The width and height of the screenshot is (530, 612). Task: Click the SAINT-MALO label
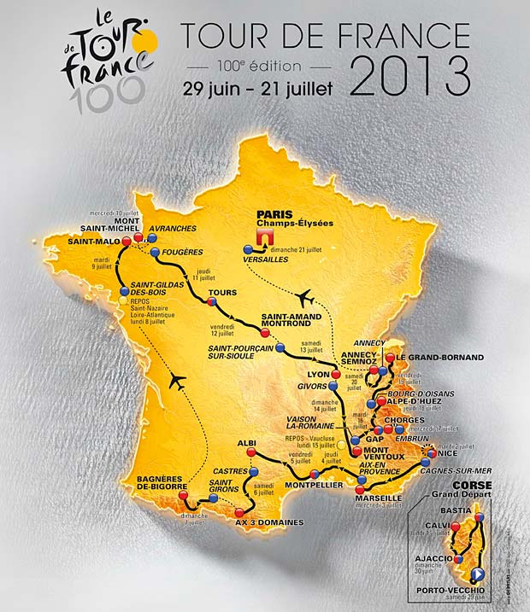pyautogui.click(x=91, y=242)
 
